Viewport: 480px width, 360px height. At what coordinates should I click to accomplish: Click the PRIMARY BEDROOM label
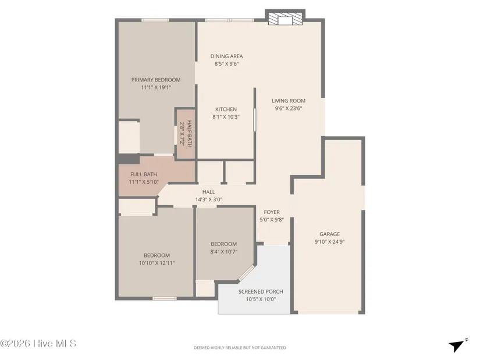coord(156,80)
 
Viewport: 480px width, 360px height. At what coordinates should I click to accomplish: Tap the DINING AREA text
coord(226,56)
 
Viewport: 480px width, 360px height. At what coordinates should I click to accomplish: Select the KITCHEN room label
coord(226,109)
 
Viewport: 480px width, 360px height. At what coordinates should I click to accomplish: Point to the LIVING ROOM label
coord(289,101)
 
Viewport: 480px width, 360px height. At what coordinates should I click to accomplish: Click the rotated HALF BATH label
coord(190,133)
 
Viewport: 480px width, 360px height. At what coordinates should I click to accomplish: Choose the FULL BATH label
coord(144,174)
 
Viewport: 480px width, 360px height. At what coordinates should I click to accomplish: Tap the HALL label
coord(208,192)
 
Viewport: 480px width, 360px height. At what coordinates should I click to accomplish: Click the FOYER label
coord(272,212)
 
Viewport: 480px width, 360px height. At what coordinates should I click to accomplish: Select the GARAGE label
coord(329,234)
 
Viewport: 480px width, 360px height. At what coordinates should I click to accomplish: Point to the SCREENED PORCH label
coord(261,292)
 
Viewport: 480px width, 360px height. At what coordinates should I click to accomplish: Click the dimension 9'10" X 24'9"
coord(329,242)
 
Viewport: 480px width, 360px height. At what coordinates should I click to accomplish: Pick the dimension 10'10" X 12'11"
coord(157,263)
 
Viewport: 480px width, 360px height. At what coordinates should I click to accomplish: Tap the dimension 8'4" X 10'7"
coord(224,252)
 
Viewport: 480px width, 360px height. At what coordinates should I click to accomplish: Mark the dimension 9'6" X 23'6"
coord(289,108)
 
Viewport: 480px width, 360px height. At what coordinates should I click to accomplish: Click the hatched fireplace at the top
coord(285,18)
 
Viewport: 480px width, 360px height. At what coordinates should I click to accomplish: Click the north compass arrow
coord(458,345)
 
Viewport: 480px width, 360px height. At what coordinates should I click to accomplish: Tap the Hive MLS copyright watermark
coord(38,344)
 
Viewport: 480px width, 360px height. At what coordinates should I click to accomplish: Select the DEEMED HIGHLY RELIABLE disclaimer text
coord(240,348)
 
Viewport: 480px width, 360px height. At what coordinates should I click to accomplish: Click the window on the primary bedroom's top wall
coord(155,20)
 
